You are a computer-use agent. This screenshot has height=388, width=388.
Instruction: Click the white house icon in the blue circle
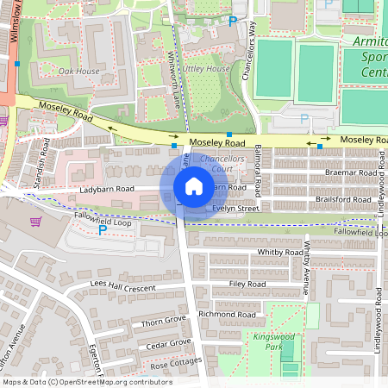pyautogui.click(x=193, y=186)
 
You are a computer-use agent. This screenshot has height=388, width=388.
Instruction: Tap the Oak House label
pyautogui.click(x=79, y=71)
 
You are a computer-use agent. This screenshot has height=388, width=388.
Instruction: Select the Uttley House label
pyautogui.click(x=206, y=68)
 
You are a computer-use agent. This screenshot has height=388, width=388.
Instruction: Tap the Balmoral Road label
pyautogui.click(x=257, y=163)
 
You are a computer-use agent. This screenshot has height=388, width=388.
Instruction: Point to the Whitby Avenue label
pyautogui.click(x=306, y=267)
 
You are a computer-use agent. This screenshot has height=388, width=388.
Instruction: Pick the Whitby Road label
pyautogui.click(x=276, y=252)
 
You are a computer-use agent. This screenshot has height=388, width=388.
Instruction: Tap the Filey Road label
pyautogui.click(x=247, y=284)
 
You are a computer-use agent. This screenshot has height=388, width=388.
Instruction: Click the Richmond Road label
pyautogui.click(x=228, y=315)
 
